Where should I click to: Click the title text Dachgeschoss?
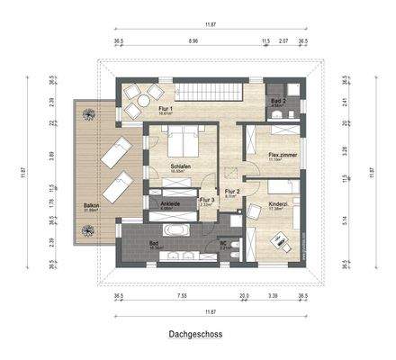[x=197, y=333]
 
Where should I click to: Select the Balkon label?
[x=91, y=206]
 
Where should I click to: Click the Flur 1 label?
[x=139, y=109]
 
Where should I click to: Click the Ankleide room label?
[x=171, y=203]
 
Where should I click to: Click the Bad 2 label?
[x=278, y=102]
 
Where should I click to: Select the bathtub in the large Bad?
[x=176, y=231]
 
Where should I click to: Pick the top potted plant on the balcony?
[x=88, y=113]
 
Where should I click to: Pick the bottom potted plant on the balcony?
[x=88, y=231]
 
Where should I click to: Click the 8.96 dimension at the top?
[x=193, y=41]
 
